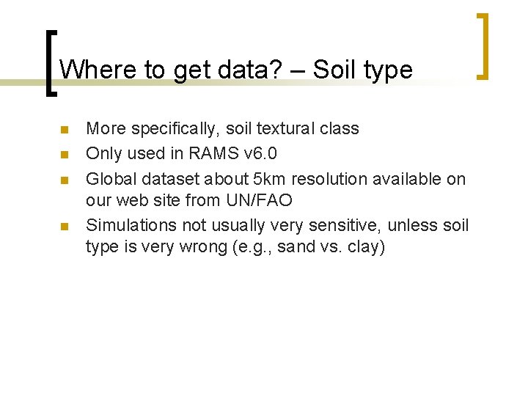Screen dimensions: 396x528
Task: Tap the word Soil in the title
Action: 334,70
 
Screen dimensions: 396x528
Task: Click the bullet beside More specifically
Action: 64,130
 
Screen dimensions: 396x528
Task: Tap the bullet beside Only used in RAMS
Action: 64,155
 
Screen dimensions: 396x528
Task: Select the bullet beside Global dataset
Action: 64,180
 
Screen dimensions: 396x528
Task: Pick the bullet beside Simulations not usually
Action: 64,226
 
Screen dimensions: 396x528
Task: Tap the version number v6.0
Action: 263,154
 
